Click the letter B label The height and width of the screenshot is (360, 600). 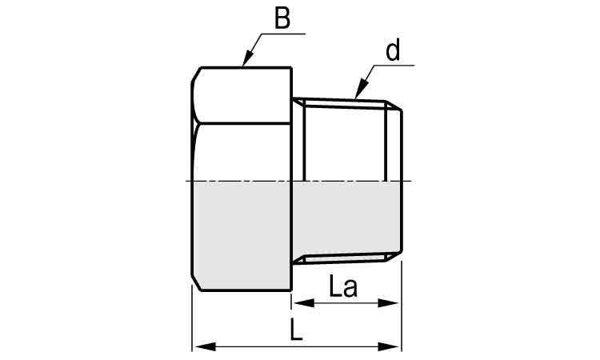point(282,18)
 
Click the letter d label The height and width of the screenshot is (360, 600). point(393,51)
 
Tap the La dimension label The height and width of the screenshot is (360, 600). point(342,286)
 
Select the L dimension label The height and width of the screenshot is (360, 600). point(297,330)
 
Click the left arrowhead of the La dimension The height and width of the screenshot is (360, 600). point(297,303)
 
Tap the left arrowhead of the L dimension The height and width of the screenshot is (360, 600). point(198,346)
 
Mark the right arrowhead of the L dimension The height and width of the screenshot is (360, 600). point(395,346)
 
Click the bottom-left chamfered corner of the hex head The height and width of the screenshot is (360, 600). point(195,284)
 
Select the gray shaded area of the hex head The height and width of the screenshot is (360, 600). point(240,232)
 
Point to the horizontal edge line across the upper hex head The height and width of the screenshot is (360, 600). point(240,122)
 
